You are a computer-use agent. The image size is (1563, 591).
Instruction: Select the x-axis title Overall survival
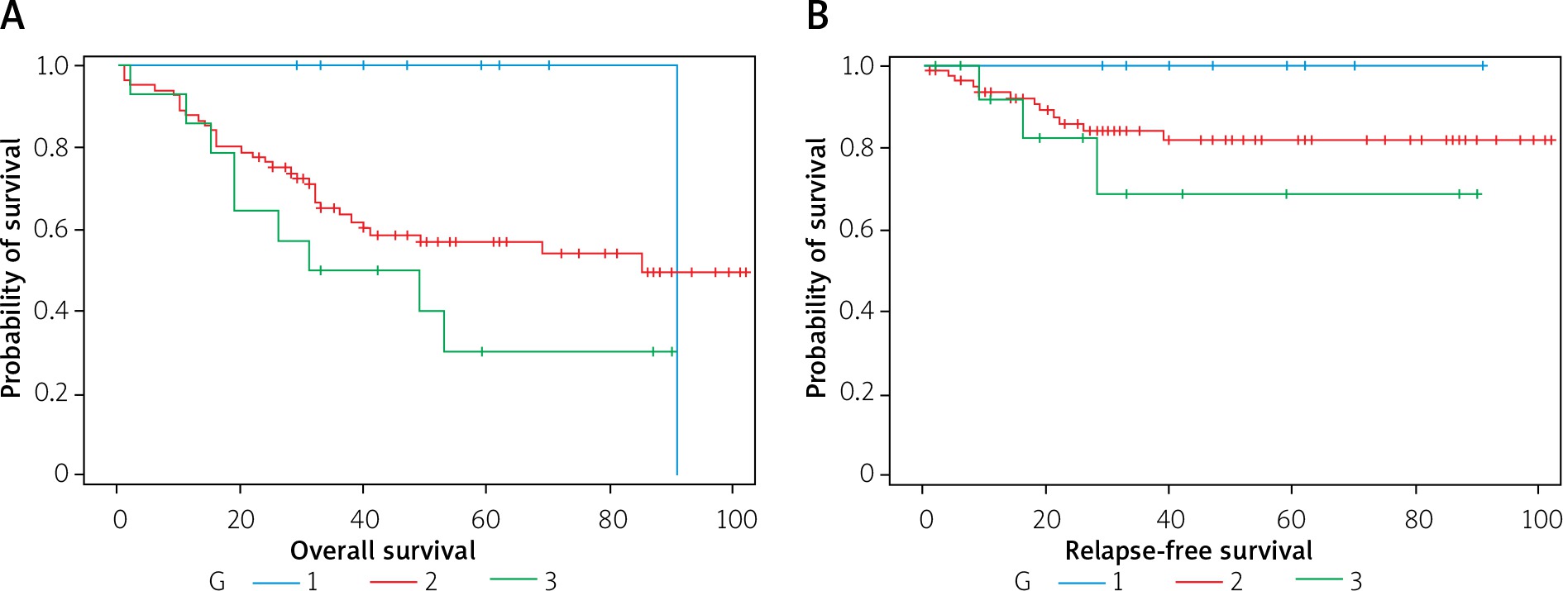(382, 550)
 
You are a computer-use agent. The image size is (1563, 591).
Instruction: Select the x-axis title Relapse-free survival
(1188, 550)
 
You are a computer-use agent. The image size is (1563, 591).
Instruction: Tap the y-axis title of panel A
(12, 269)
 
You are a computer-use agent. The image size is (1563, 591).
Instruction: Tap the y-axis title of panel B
(816, 269)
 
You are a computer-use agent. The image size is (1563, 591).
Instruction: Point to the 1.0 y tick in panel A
(52, 65)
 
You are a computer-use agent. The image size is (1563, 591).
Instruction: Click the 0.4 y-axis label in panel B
(857, 311)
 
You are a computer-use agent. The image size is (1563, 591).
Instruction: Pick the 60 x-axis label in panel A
(485, 519)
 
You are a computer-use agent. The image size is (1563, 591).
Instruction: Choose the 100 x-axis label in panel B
(1541, 519)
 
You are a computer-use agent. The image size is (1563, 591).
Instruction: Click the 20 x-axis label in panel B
(1046, 519)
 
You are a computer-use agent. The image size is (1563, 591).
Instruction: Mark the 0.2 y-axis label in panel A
(51, 393)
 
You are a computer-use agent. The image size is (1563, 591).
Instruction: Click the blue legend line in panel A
(275, 583)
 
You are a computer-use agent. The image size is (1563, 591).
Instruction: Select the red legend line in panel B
(1198, 583)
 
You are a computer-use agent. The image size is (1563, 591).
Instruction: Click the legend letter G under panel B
(1022, 582)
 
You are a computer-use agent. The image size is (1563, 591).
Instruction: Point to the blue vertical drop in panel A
(677, 273)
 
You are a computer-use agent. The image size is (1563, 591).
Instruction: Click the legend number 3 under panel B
(1355, 582)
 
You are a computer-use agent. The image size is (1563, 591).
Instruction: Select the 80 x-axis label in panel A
(613, 519)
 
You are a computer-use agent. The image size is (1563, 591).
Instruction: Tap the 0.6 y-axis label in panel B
(857, 229)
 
